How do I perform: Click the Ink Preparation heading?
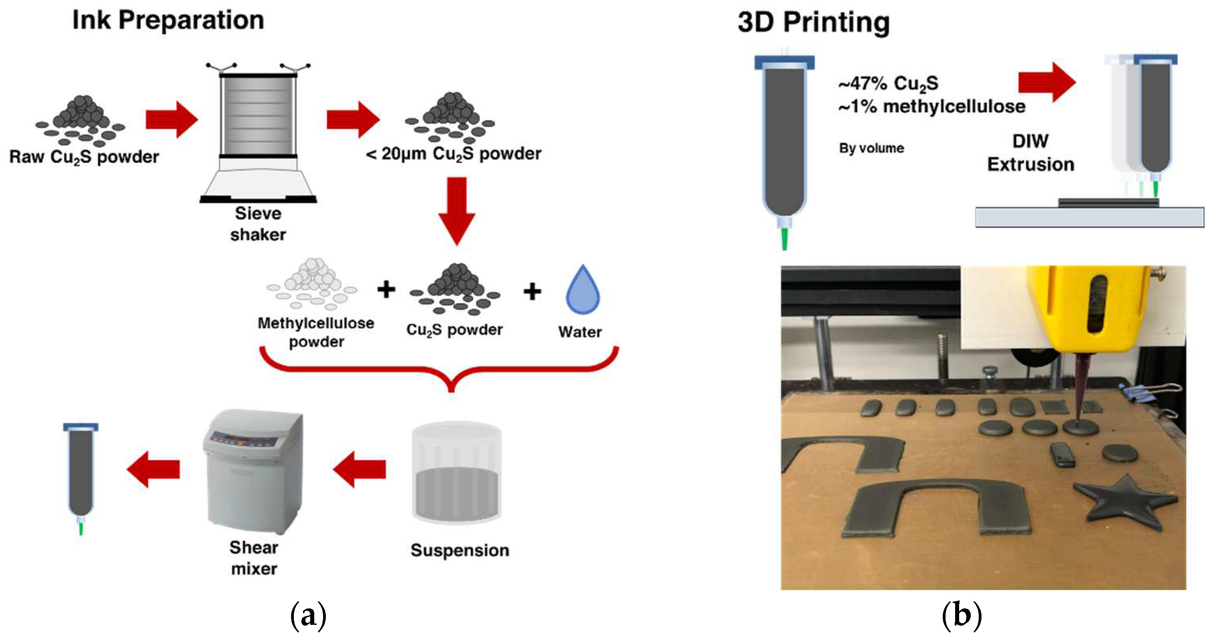coord(168,20)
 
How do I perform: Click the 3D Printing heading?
coord(814,22)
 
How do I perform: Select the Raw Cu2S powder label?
coord(84,157)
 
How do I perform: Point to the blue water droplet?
coord(583,290)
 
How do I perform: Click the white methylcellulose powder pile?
coord(312,283)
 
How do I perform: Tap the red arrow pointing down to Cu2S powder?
coord(456,210)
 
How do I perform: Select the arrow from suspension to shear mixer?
coord(359,469)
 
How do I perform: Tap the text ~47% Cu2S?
coord(888,84)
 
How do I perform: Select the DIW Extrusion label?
coord(1031,153)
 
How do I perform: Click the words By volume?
coord(871,148)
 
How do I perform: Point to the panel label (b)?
coord(961,615)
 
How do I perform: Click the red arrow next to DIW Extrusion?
coord(1047,82)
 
